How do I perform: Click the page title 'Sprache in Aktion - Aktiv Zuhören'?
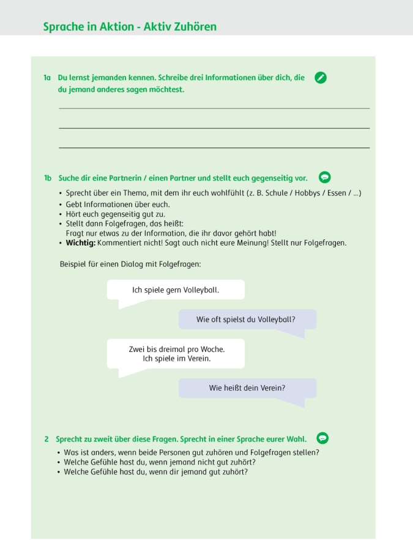[130, 27]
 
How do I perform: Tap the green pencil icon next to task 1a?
[320, 78]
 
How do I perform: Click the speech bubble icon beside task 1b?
[325, 178]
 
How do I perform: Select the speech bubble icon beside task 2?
[322, 438]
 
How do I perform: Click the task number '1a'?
[47, 78]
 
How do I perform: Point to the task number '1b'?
[48, 178]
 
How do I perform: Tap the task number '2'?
[47, 439]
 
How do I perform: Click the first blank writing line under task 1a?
[214, 108]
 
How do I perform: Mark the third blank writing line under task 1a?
[214, 148]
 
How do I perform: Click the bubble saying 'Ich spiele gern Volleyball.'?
[176, 290]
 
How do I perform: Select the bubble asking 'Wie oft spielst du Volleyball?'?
[247, 320]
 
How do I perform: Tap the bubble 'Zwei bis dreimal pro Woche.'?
[176, 354]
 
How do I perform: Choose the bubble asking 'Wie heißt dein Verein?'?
[247, 388]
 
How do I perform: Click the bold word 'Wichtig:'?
[81, 243]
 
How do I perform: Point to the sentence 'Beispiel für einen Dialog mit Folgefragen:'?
[130, 264]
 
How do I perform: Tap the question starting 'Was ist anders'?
[192, 453]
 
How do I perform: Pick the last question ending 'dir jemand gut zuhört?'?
[156, 472]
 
